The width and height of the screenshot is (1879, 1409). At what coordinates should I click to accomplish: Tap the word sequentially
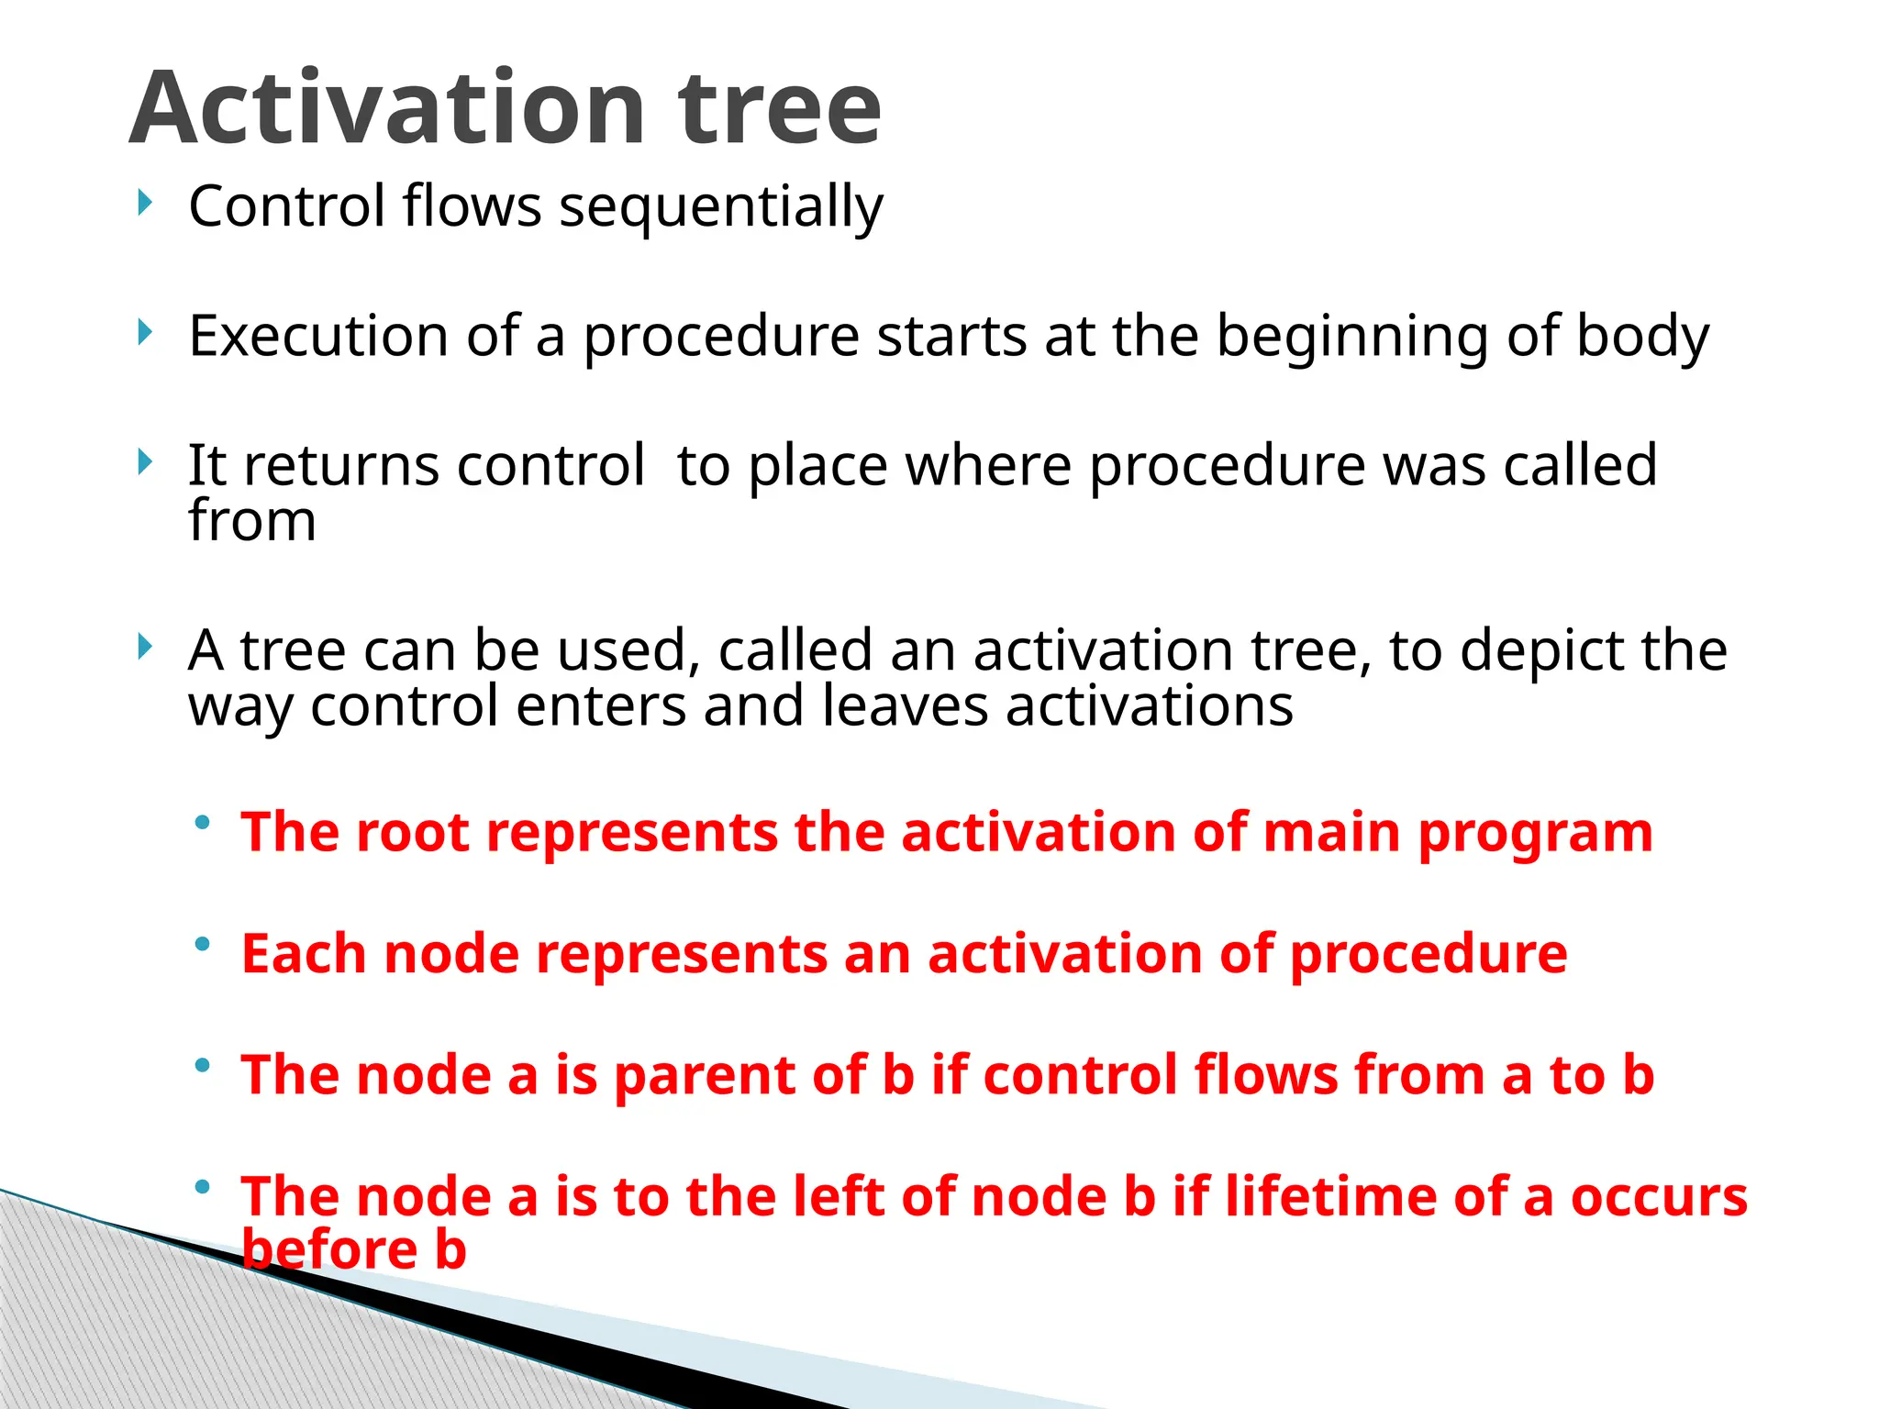tap(721, 206)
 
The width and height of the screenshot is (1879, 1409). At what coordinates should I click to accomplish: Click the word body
tap(1642, 338)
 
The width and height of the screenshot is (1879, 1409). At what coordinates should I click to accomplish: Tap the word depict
tap(1540, 651)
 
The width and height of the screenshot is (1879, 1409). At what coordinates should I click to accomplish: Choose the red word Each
tap(304, 954)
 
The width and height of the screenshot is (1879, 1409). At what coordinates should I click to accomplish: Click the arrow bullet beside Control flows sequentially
tap(144, 203)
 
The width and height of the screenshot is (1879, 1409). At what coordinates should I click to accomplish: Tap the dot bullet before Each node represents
tap(203, 944)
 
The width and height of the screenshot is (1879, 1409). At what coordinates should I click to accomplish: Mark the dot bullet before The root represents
tap(203, 822)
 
